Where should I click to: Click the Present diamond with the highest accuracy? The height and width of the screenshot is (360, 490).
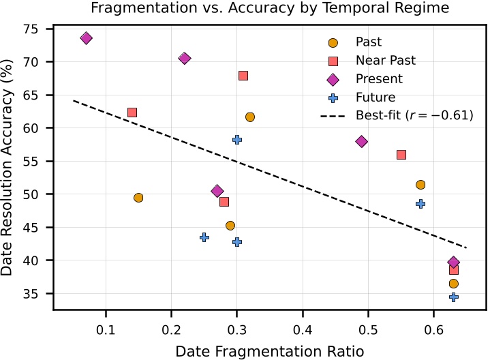86,38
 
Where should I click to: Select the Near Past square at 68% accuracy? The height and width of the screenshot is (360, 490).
243,76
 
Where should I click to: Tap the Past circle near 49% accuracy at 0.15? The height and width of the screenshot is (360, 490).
138,198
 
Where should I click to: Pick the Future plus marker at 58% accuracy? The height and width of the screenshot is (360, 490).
237,139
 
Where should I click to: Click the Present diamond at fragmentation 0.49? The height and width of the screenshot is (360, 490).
362,141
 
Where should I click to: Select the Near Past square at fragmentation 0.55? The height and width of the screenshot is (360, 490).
401,155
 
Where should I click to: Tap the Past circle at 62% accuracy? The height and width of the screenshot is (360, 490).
250,117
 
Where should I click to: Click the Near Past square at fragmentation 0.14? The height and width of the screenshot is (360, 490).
132,112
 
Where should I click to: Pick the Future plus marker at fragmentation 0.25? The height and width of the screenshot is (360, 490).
204,237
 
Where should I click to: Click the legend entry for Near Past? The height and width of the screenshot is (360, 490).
385,61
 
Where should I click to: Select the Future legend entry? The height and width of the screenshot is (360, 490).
375,97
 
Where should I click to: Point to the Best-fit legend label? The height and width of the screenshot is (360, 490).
414,116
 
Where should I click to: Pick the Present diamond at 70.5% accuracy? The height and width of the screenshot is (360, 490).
184,59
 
